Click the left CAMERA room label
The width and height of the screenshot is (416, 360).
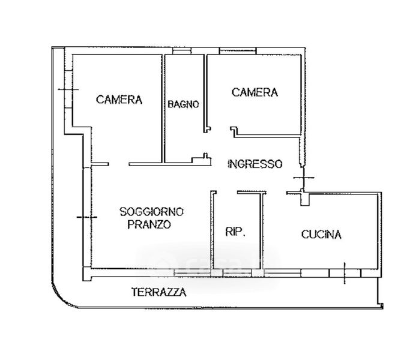119,100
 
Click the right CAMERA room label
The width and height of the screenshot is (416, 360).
255,92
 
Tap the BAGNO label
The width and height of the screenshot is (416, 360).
183,104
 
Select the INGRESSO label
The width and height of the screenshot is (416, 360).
255,163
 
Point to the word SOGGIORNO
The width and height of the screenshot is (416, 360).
152,212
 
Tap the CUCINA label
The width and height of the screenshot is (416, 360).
321,235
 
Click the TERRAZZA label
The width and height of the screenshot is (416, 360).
158,293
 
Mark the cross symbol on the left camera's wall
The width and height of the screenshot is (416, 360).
69,89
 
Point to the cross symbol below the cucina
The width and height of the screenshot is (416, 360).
345,272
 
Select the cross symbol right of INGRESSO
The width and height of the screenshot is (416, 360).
304,178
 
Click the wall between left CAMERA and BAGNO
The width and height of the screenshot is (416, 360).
164,108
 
